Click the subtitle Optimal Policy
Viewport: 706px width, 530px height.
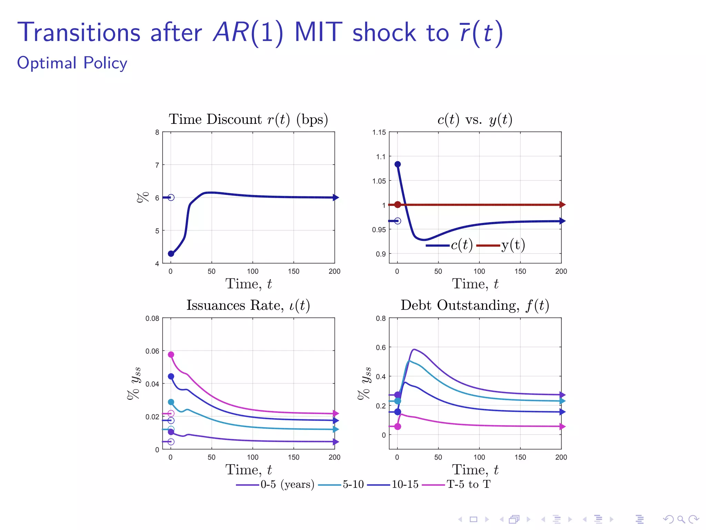point(72,63)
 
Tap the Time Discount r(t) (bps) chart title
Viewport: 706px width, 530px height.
point(248,119)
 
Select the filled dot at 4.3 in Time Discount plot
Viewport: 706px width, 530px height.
point(171,254)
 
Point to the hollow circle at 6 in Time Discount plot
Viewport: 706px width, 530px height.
point(171,197)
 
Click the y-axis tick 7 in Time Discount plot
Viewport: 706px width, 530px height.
point(157,165)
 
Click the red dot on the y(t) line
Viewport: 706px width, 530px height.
point(397,205)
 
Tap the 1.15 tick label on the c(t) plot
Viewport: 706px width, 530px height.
point(379,132)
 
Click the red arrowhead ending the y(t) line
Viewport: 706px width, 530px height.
point(562,205)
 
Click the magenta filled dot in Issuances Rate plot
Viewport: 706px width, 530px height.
point(171,354)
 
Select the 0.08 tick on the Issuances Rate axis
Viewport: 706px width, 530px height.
point(152,318)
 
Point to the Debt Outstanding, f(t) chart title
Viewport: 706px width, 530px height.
point(475,305)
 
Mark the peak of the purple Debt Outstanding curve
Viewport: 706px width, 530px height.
point(414,350)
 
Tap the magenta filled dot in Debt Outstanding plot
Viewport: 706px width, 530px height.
point(397,426)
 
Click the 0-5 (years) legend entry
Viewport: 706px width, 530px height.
point(275,484)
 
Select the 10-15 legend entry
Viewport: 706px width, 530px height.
point(393,484)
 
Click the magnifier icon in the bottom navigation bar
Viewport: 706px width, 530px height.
point(681,519)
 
